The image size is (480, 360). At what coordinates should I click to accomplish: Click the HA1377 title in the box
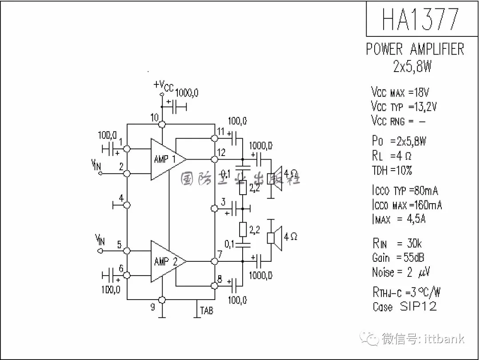tap(420, 19)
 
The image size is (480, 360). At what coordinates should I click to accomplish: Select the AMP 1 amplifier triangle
tap(165, 159)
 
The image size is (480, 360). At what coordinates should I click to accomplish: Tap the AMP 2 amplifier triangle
tap(165, 261)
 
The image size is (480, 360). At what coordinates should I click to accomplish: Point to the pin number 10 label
tap(154, 118)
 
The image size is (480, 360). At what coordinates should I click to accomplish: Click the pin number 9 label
tap(153, 307)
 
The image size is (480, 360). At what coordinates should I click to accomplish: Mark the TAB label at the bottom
tap(206, 310)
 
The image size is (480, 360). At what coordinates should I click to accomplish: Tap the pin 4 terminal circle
tap(127, 205)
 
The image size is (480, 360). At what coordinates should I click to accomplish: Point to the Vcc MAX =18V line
tap(400, 92)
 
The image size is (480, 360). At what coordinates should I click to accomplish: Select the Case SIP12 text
tap(404, 306)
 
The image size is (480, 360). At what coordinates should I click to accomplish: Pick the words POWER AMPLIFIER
tap(415, 49)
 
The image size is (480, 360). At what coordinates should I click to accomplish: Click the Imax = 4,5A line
tap(399, 219)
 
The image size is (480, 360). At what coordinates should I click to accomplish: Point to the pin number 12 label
tap(221, 152)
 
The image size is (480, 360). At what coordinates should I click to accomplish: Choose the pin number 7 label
tap(219, 255)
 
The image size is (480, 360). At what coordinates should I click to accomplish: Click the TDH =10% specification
tap(392, 170)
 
